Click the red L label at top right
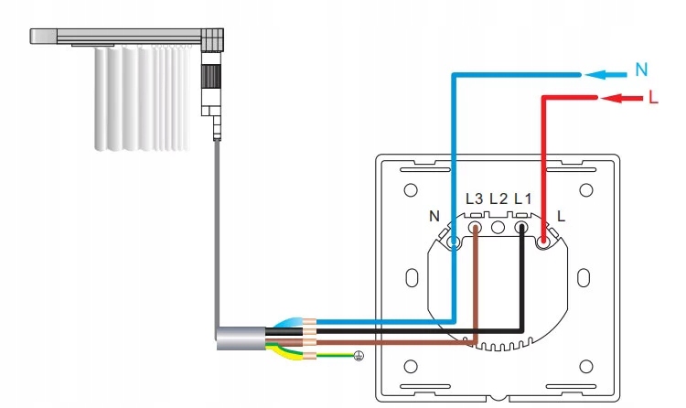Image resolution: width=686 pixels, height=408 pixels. [651, 98]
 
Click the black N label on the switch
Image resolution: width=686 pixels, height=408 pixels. [434, 217]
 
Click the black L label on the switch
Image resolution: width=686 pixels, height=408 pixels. [561, 217]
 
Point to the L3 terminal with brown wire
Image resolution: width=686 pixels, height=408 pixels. [476, 224]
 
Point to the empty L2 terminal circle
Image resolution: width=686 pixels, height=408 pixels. [498, 224]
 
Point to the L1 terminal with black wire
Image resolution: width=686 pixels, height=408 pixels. [521, 224]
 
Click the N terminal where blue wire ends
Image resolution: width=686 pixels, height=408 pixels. [455, 242]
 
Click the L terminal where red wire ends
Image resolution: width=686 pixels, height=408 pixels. [543, 242]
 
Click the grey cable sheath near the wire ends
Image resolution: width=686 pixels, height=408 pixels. [240, 338]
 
